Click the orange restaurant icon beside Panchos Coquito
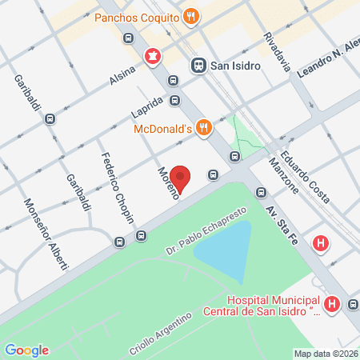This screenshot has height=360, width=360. pos(191,15)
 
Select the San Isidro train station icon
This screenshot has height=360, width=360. pos(198,66)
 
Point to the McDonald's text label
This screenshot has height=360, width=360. pos(162,126)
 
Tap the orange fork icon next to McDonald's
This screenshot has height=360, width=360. pos(205,126)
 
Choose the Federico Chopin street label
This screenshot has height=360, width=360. pos(115,188)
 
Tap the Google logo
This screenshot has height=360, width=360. pos(26,350)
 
